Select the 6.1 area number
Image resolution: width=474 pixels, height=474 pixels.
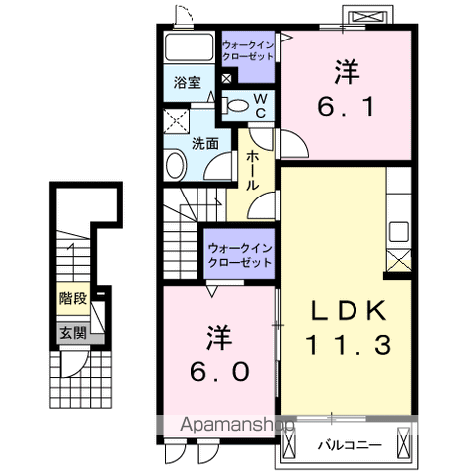[x=345, y=102]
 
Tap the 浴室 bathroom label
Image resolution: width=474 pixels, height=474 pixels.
[x=189, y=83]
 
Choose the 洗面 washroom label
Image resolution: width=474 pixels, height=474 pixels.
[x=205, y=142]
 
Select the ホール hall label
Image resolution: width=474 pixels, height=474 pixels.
[x=254, y=170]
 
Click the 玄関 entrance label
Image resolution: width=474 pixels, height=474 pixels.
[x=70, y=333]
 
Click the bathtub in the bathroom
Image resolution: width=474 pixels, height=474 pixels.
[x=189, y=48]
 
